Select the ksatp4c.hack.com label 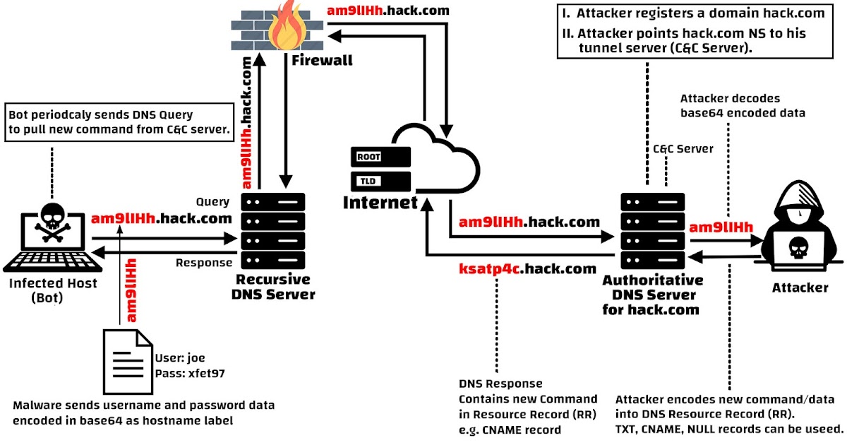tap(527, 269)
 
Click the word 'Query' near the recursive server tap(212, 202)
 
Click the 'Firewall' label tap(322, 61)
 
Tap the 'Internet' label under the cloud tap(380, 203)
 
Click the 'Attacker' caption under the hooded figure tap(800, 287)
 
